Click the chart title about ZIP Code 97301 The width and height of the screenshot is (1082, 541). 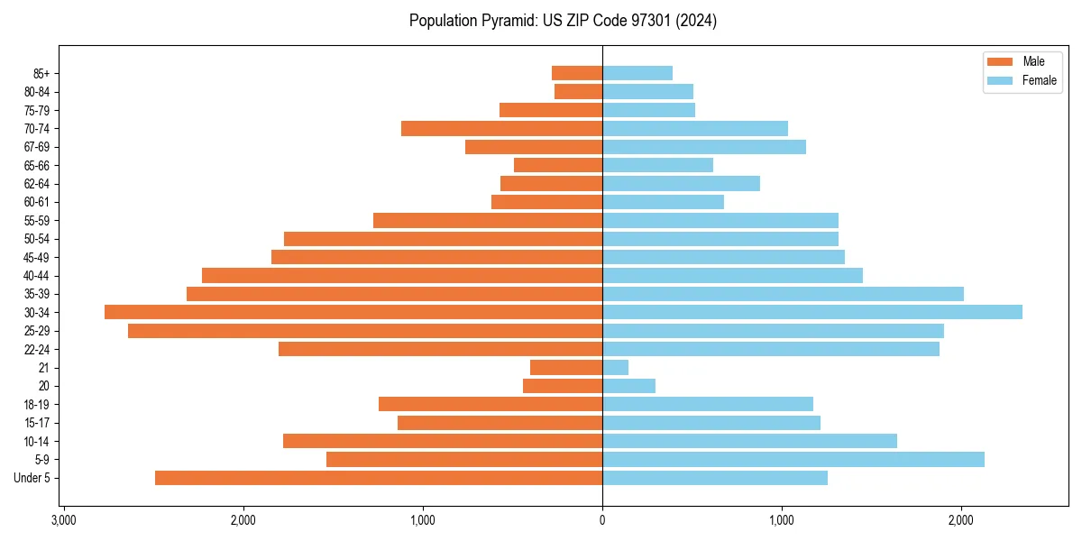563,21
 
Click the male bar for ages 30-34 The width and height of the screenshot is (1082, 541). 353,312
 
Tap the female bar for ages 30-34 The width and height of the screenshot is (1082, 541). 812,312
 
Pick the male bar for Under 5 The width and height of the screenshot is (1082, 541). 379,478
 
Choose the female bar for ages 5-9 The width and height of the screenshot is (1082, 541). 793,460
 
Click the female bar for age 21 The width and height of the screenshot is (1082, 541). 616,368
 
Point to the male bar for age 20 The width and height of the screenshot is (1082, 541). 563,386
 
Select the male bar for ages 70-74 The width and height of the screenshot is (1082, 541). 501,129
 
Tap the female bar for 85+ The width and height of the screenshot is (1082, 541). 637,73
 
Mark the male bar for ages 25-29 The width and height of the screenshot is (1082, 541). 365,331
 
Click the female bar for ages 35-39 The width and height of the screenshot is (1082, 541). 783,294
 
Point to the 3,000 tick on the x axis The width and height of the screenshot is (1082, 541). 63,520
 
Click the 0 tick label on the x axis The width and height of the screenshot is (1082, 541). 602,520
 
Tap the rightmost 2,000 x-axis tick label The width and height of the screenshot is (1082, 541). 961,520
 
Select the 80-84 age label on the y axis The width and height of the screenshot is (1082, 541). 37,92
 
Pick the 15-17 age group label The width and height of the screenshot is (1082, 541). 37,423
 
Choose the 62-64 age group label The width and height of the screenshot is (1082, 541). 37,184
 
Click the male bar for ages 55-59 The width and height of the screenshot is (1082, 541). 488,221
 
